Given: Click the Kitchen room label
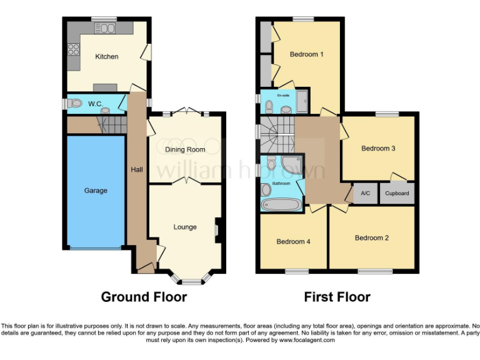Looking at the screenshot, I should coord(106,57).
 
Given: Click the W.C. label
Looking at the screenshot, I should coord(95,103).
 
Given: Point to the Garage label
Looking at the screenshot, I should coord(96,191).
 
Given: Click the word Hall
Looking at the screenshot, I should coord(137,169).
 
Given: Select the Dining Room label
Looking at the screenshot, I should coord(185,150).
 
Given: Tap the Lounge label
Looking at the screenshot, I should coord(185,227).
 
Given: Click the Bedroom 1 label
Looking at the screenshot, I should coord(306,54).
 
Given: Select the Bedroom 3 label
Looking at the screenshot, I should coord(378,149).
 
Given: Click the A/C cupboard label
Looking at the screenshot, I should coord(366,193).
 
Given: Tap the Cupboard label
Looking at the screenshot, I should coord(397,193).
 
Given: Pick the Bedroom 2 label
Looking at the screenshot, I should coord(372,237).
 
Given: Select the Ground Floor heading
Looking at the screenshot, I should coord(144,297).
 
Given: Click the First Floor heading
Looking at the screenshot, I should coord(337,297).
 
